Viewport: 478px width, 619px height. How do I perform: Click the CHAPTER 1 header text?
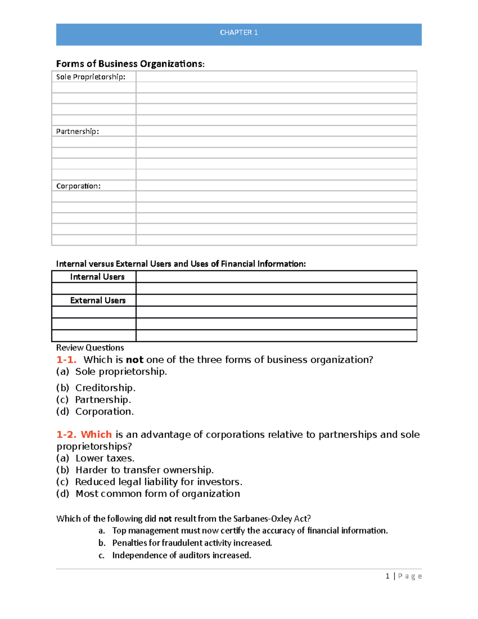tap(239, 33)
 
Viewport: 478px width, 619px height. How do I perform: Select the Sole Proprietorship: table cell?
tap(91, 77)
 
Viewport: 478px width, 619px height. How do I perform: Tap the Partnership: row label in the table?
tap(78, 132)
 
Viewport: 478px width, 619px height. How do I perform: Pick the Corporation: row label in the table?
tap(78, 186)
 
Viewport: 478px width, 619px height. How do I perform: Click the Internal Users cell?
tap(97, 277)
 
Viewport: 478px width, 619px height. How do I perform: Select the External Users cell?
tap(98, 301)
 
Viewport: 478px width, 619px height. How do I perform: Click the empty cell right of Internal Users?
tap(276, 277)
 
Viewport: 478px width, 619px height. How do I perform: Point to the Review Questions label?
tap(90, 348)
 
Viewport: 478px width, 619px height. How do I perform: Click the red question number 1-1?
tap(66, 360)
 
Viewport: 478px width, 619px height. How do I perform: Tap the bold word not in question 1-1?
tap(135, 360)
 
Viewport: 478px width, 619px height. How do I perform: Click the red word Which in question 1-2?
tap(96, 434)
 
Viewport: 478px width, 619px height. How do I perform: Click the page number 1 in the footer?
tap(387, 576)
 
